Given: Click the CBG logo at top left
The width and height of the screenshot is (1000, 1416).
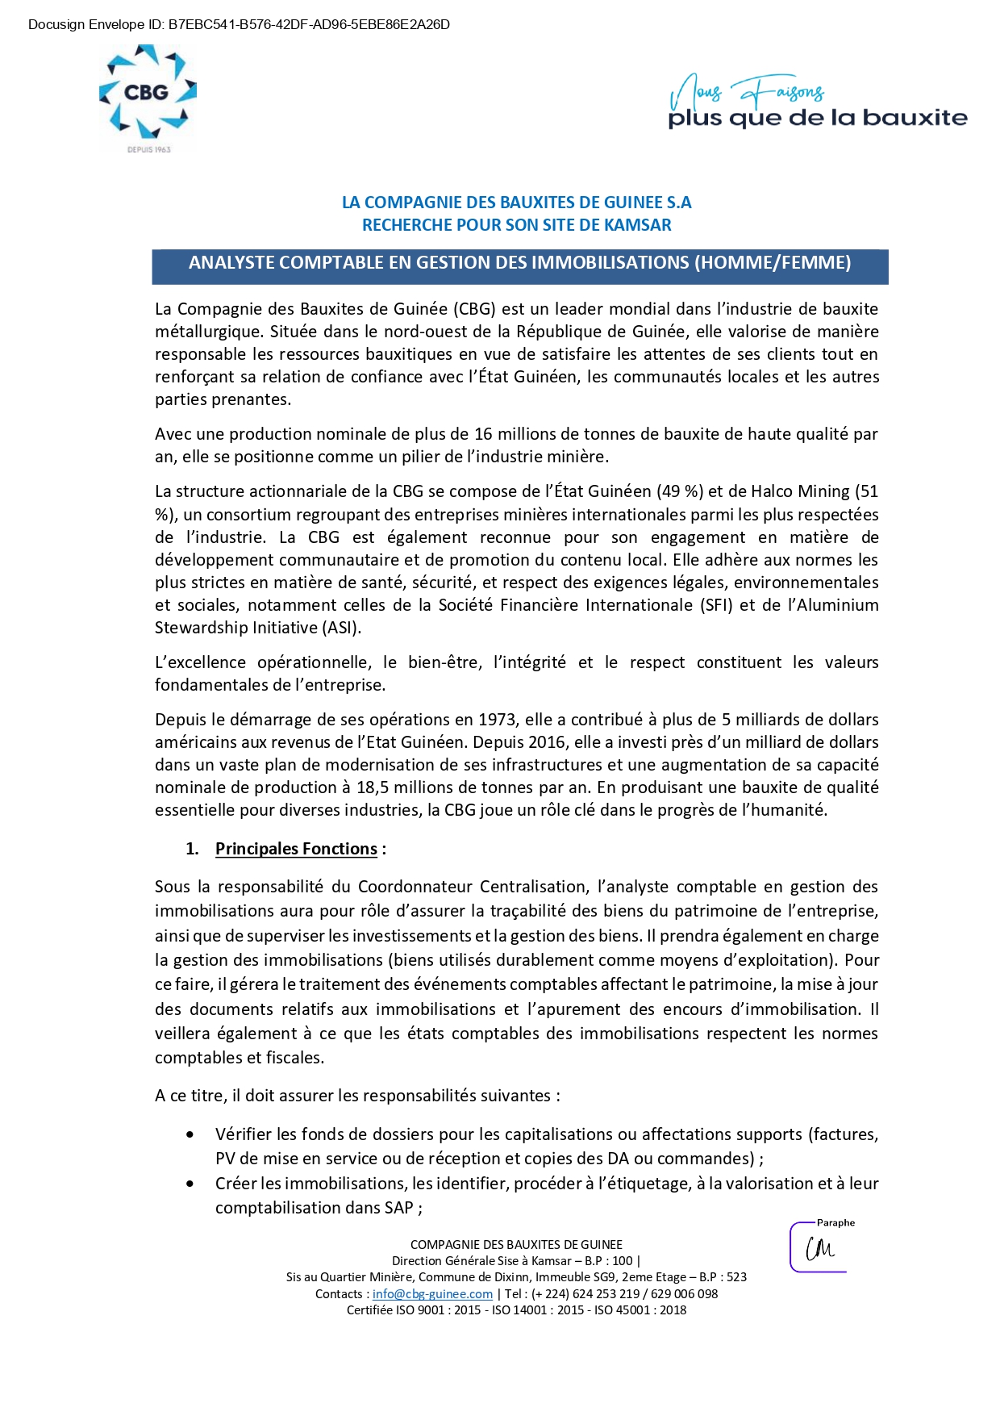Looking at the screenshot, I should (147, 93).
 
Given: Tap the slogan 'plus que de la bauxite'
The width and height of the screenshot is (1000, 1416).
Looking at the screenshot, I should (817, 118).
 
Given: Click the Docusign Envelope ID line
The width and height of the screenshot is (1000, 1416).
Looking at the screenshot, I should (239, 24).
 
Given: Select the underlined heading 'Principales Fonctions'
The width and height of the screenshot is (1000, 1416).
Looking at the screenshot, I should (296, 849).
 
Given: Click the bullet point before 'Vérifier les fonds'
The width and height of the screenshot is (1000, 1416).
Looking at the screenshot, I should (190, 1135).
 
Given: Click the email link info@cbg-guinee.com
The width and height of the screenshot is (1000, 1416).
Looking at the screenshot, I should (432, 1294).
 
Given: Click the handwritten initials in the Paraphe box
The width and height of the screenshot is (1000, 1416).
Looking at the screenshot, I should (820, 1249).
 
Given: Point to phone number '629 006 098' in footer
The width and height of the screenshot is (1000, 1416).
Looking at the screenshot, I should (685, 1294).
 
